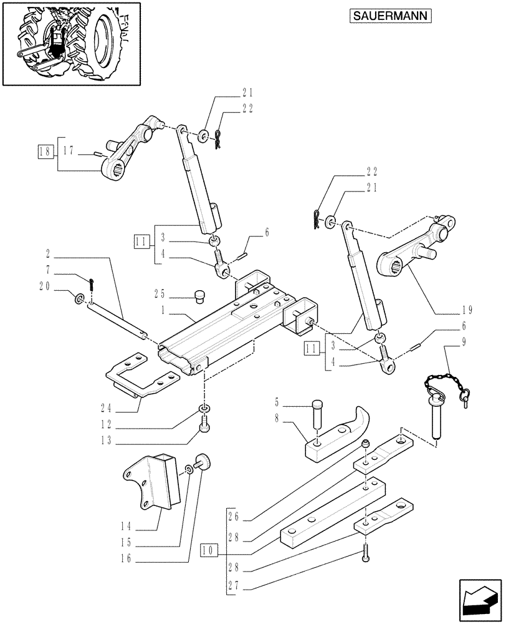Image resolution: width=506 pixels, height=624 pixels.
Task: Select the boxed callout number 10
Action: (209, 550)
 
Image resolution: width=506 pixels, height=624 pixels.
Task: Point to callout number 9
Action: (464, 342)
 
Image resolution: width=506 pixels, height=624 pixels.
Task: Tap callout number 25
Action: (160, 293)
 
